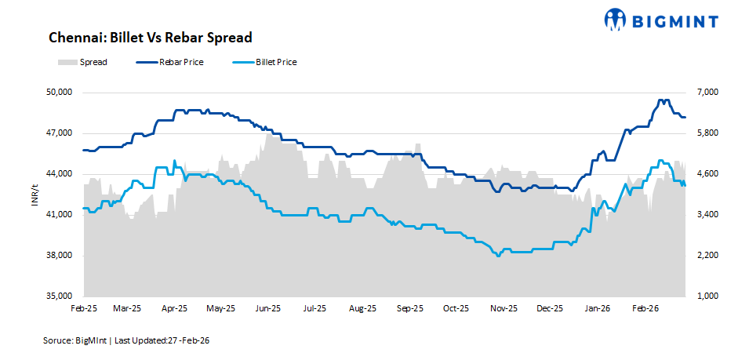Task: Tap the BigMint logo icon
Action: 616,19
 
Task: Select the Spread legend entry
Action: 82,62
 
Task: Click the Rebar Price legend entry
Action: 169,62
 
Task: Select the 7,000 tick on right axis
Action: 700,93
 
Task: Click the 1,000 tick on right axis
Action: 700,296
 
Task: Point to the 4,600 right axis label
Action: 700,174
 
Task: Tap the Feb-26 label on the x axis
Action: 645,309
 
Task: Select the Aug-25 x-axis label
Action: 363,309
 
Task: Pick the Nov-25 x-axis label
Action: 504,309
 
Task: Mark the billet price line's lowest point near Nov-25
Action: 497,255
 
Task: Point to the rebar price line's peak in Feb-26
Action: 663,100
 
